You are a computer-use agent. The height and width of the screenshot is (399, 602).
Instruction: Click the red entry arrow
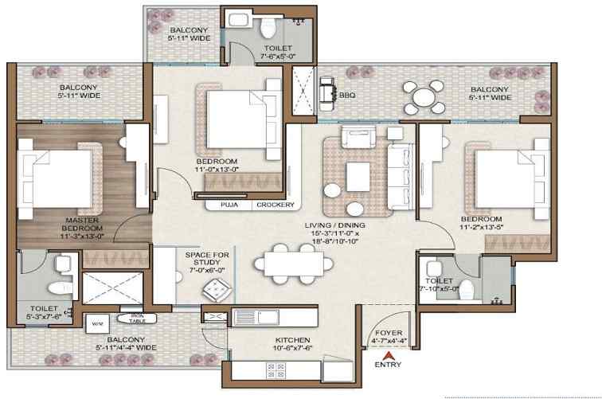[x=388, y=354]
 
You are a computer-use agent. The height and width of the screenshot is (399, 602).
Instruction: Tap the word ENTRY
[x=388, y=366]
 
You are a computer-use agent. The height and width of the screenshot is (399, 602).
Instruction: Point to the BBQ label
[x=347, y=95]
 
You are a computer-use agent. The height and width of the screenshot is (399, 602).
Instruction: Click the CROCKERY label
[x=276, y=205]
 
